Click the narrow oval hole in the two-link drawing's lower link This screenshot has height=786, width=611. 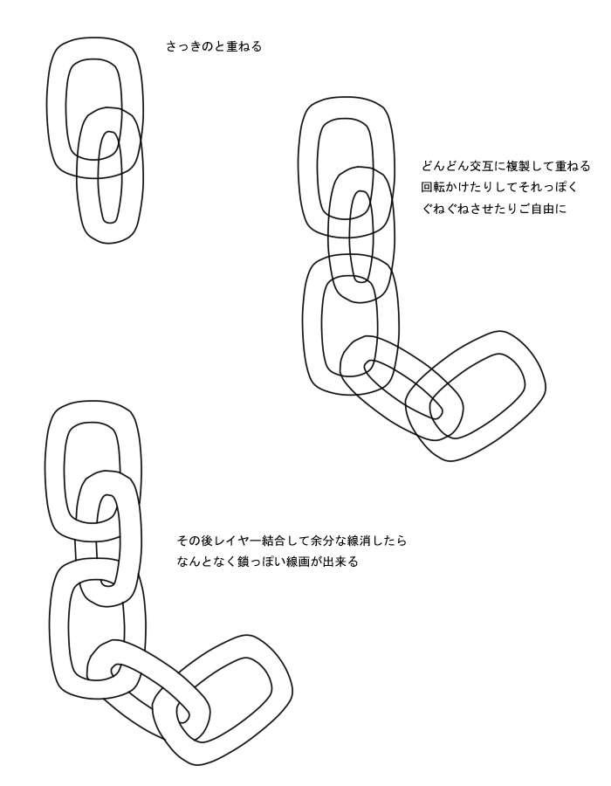(109, 177)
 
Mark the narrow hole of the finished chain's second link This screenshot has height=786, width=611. (106, 540)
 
